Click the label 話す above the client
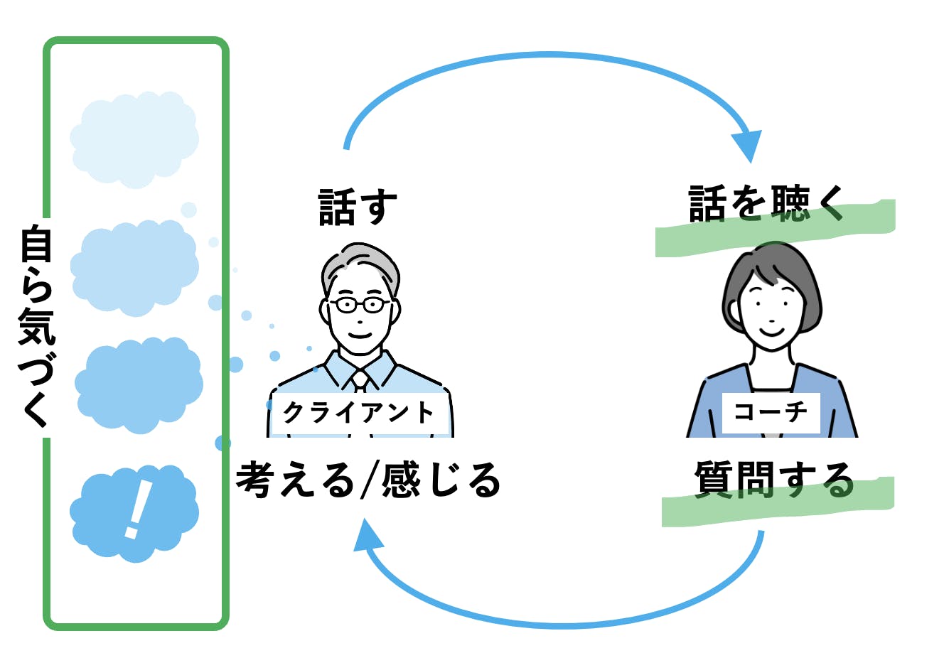(x=358, y=207)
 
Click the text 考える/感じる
(x=368, y=480)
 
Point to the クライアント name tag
(x=358, y=412)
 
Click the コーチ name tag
(x=771, y=411)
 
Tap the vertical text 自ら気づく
(x=36, y=326)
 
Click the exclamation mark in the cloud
(x=136, y=508)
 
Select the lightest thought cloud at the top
(x=134, y=139)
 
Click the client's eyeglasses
(x=359, y=305)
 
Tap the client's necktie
(x=360, y=379)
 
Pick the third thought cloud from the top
(x=139, y=384)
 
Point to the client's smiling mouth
(x=359, y=335)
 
